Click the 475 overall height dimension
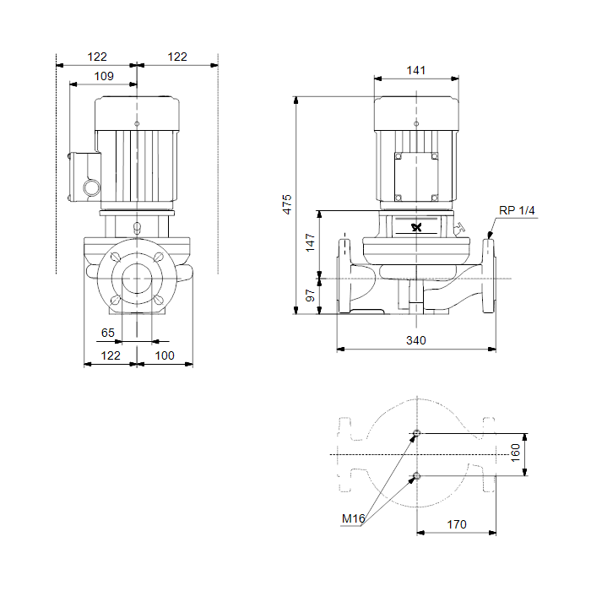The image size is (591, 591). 287,204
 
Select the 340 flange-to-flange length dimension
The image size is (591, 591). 416,340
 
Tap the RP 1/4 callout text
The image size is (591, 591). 517,210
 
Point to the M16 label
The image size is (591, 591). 353,518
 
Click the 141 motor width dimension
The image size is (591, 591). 416,70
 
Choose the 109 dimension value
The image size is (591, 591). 104,76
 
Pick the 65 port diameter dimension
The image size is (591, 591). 108,333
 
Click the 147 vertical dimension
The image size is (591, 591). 310,242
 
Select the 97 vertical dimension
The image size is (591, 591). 310,295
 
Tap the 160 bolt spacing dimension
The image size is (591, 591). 515,453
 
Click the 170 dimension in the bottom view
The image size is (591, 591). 457,524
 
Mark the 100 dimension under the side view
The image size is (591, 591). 165,355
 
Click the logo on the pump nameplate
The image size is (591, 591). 416,227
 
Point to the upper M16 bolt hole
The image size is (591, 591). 416,433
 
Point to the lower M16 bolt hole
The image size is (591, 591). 416,476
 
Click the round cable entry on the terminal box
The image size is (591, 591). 91,187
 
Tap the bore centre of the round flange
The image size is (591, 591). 137,279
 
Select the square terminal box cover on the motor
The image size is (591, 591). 416,176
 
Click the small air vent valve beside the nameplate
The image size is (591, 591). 460,228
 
